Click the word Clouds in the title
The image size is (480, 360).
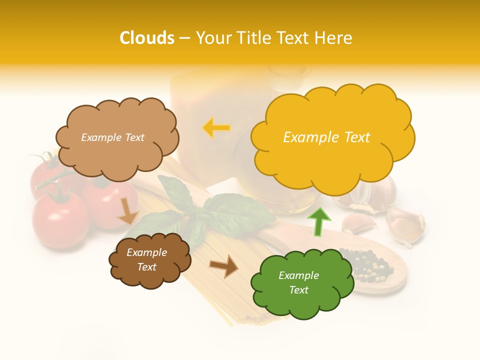click(147, 38)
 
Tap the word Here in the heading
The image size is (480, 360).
click(334, 38)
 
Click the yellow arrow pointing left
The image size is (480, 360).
click(216, 128)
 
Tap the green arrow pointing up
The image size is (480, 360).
click(318, 221)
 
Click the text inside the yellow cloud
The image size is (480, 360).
click(326, 137)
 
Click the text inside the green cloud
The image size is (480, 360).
click(298, 282)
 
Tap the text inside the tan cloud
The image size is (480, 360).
click(112, 137)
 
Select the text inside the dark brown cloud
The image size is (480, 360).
click(146, 260)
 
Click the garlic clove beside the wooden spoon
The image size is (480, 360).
click(358, 223)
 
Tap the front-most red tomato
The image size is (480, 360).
click(60, 217)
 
